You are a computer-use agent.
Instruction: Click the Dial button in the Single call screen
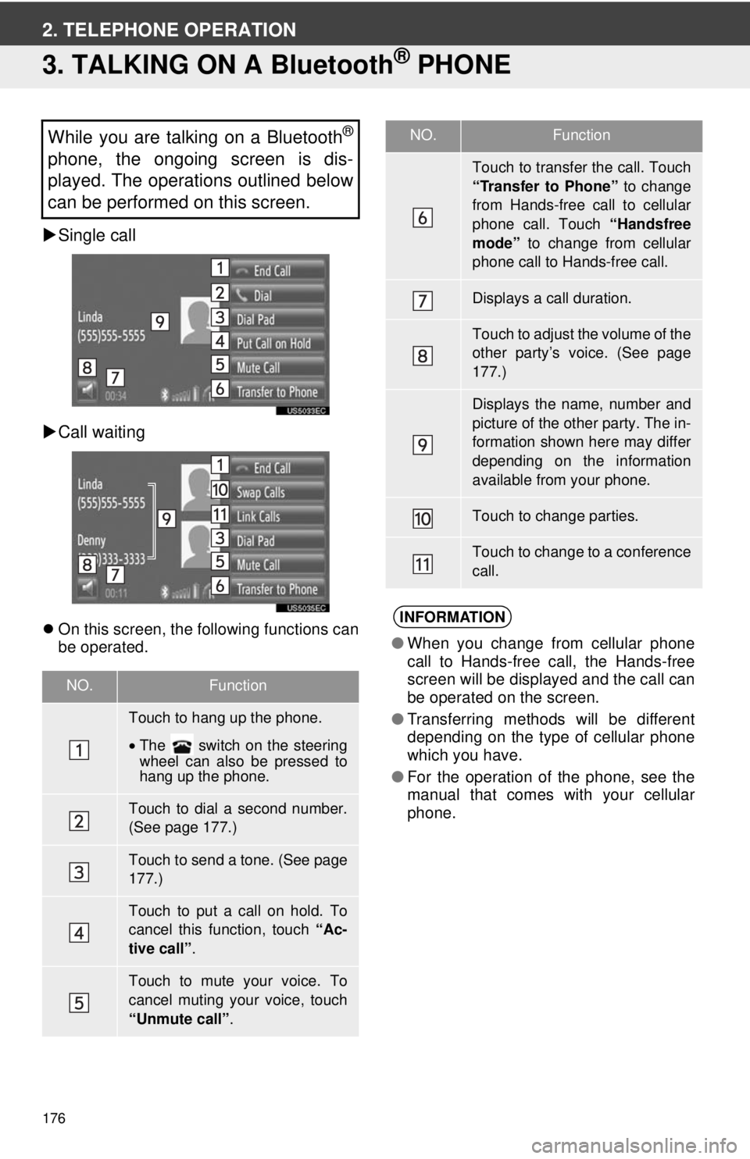click(x=278, y=295)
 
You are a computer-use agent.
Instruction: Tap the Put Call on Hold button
click(x=278, y=343)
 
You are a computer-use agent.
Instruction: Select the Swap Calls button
click(x=278, y=492)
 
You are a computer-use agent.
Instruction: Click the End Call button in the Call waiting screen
click(x=278, y=468)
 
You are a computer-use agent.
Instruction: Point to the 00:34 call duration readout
click(x=116, y=396)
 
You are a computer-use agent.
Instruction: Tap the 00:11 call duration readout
click(x=116, y=594)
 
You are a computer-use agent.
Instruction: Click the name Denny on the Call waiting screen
click(x=91, y=540)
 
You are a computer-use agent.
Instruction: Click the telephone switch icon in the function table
click(x=181, y=746)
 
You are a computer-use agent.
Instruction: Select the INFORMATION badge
click(x=452, y=617)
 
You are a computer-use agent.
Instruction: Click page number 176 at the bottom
click(x=54, y=1118)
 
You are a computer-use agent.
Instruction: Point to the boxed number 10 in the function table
click(x=423, y=519)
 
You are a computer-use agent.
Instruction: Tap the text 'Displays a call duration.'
click(x=552, y=298)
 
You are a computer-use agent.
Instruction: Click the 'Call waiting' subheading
click(x=102, y=432)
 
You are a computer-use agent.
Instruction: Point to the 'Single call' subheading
click(x=97, y=235)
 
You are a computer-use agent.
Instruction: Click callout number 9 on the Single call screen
click(x=160, y=322)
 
